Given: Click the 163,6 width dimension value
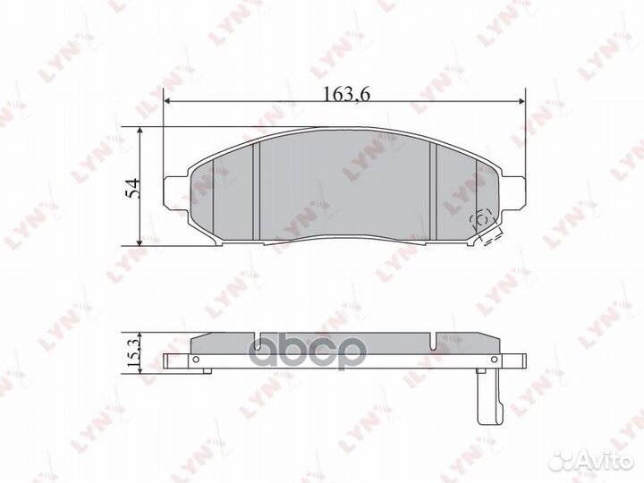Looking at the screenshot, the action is click(x=347, y=94).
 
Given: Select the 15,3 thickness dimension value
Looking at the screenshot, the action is click(x=133, y=352).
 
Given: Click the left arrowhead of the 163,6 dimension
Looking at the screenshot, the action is click(x=166, y=101).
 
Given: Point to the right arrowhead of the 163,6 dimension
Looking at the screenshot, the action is click(x=522, y=101).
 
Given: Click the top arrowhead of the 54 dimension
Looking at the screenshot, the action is click(x=140, y=131).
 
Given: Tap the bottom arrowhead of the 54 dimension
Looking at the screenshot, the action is click(x=140, y=242).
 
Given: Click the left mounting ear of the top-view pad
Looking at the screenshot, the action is click(x=176, y=191).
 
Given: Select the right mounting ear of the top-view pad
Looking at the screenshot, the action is click(x=512, y=192).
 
